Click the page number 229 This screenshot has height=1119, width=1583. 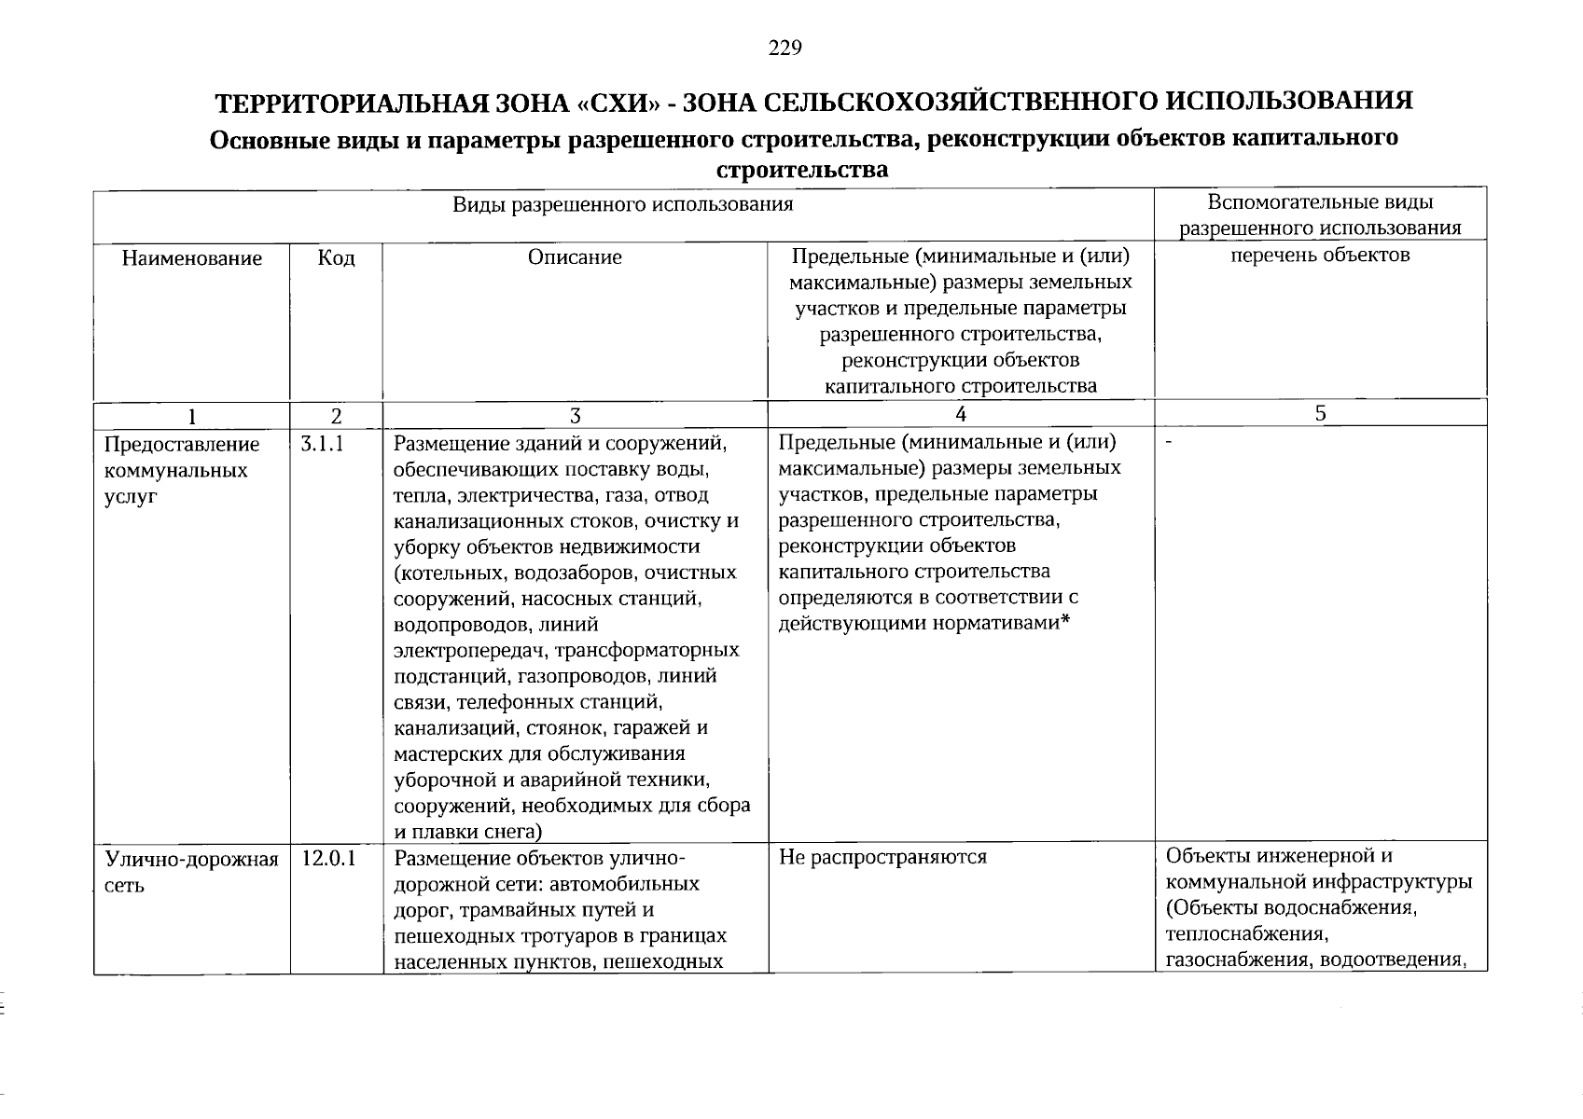click(x=785, y=48)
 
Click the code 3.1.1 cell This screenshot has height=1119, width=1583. click(x=323, y=445)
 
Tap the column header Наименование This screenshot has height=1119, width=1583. click(x=191, y=258)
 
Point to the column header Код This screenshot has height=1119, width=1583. click(x=336, y=258)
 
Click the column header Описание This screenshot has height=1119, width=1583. click(x=575, y=257)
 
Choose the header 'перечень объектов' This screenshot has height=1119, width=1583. click(x=1320, y=255)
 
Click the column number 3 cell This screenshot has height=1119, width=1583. click(x=576, y=415)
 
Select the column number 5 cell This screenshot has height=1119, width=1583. click(x=1321, y=413)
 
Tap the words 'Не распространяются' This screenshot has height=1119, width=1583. click(x=882, y=857)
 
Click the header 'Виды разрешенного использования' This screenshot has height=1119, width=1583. click(x=623, y=204)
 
